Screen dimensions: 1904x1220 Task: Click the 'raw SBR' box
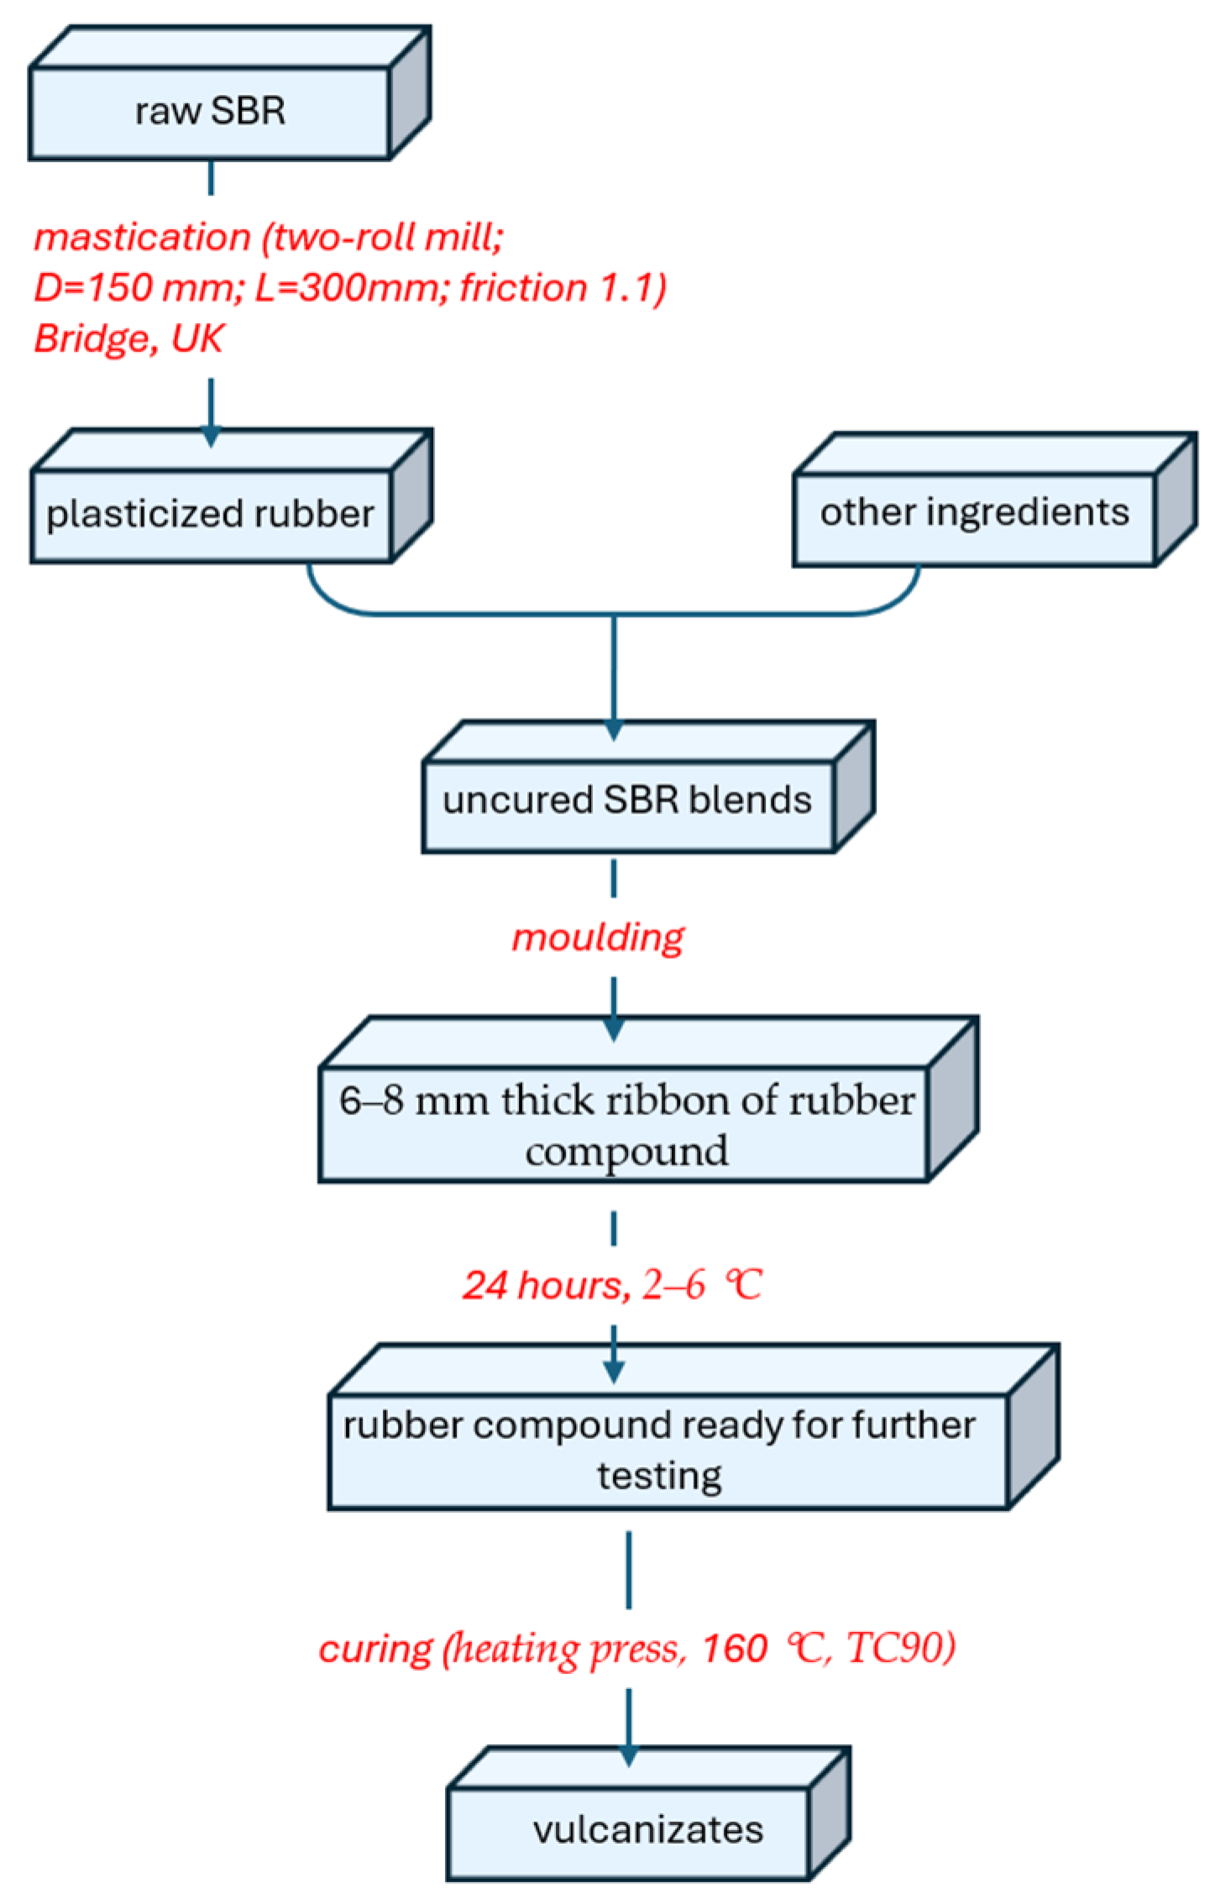(210, 112)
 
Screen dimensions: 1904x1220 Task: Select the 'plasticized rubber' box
(210, 515)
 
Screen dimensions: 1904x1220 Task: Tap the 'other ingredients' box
(974, 513)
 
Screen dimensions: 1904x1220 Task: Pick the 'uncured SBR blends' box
(627, 801)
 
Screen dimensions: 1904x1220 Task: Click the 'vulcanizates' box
(647, 1830)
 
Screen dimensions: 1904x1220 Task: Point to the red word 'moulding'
(598, 937)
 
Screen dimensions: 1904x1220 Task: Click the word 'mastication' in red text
(142, 238)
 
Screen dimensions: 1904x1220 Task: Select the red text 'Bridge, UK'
(128, 339)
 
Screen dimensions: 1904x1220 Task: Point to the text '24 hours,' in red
(545, 1285)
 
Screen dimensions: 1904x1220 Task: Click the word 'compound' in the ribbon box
(626, 1151)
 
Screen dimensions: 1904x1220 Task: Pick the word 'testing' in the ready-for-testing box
(659, 1475)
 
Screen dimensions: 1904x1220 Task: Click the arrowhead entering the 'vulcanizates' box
(628, 1756)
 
